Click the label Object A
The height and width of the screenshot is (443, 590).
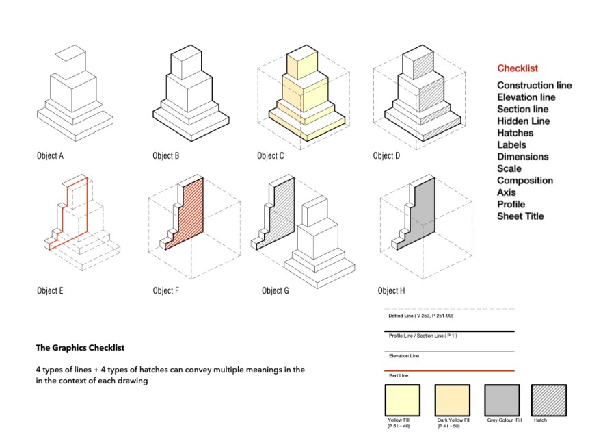[x=50, y=156]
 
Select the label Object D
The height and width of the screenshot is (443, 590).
[x=386, y=156]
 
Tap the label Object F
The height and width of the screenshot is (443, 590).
[x=166, y=291]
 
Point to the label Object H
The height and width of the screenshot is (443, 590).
[x=391, y=291]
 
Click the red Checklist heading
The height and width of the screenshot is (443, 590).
[x=517, y=68]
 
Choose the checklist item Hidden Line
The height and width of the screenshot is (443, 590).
[x=523, y=121]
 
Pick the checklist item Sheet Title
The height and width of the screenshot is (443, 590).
[x=520, y=216]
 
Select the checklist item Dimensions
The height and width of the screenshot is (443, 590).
[x=522, y=157]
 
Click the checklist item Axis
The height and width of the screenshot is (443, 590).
[x=507, y=192]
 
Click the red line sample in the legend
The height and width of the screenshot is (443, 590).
[x=448, y=370]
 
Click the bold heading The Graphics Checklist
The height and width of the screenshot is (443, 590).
[x=80, y=348]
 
